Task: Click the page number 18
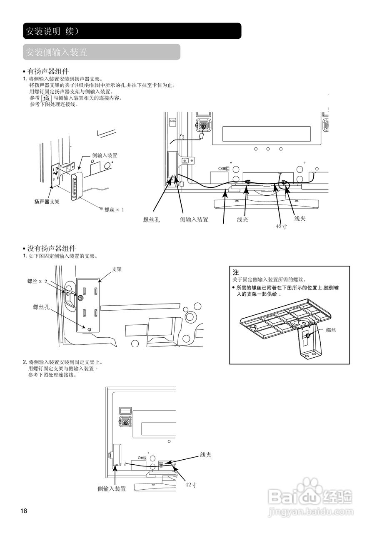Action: (x=24, y=511)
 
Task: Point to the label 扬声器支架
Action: (x=47, y=202)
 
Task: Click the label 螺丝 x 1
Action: (x=114, y=209)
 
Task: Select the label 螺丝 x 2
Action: (x=37, y=281)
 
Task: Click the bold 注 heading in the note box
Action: (x=236, y=272)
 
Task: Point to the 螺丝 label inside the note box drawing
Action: (x=331, y=330)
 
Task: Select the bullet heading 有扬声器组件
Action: (x=48, y=71)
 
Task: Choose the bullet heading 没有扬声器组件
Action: (x=51, y=249)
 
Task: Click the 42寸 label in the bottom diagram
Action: (x=191, y=485)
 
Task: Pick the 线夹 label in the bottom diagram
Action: (x=206, y=455)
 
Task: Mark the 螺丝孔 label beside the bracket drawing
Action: (x=42, y=307)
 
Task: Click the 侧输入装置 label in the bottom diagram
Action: (x=112, y=489)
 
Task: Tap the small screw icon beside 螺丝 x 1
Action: (x=100, y=208)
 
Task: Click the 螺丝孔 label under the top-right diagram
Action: (x=152, y=220)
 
